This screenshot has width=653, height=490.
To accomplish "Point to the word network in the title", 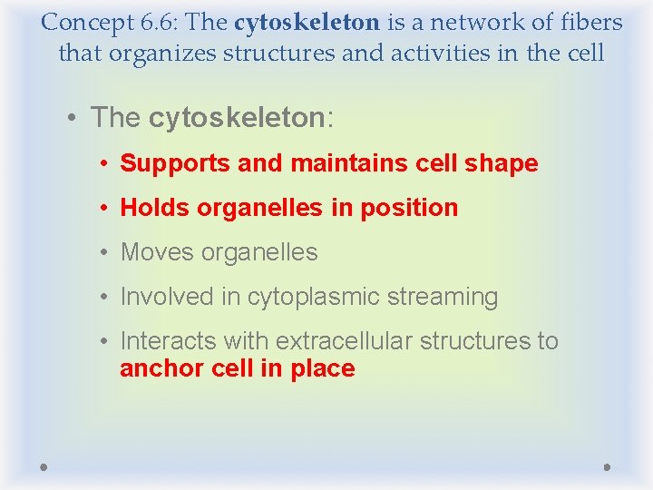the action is coord(467,22).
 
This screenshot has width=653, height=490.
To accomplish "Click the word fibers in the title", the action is coord(590,22).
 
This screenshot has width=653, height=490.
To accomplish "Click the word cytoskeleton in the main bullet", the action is coord(236,118).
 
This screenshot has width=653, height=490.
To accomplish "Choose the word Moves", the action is coord(156,252).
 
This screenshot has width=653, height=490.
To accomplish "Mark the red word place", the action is coord(323,369).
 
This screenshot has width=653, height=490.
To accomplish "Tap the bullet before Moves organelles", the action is coord(106,252).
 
